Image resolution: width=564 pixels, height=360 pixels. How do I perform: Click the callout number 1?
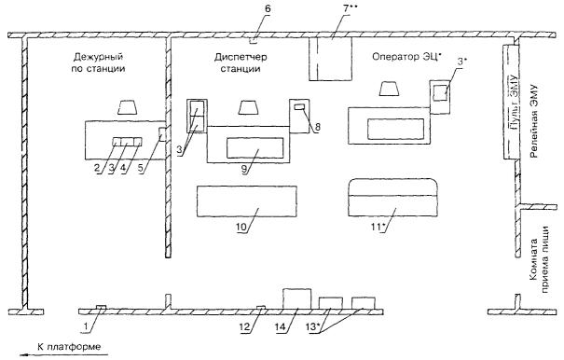[x=86, y=326]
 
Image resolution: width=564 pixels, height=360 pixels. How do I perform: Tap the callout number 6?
[x=268, y=8]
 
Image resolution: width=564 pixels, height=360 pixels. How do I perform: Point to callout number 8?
[x=317, y=127]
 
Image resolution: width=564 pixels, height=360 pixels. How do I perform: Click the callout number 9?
[x=244, y=170]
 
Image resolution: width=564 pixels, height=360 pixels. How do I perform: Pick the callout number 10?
[x=241, y=228]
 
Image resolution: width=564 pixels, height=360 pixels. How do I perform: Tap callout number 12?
[x=246, y=326]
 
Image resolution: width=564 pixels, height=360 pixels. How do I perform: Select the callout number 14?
[x=281, y=326]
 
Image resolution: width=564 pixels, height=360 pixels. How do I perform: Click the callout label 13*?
[x=312, y=326]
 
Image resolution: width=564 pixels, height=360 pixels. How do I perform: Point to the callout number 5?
[x=144, y=169]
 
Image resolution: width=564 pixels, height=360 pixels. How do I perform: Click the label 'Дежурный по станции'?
[x=98, y=62]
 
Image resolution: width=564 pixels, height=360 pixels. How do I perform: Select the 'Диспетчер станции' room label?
[x=241, y=62]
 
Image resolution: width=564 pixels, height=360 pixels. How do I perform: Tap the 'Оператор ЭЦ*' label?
[x=406, y=57]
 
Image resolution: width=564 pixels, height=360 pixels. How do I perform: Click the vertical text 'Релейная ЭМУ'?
[x=534, y=121]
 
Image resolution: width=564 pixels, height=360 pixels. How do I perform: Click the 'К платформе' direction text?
[x=69, y=347]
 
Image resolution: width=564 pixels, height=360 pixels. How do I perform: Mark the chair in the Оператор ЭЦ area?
[x=389, y=89]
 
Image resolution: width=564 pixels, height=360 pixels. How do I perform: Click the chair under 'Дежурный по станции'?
[x=128, y=107]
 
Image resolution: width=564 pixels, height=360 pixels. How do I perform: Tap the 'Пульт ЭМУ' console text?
[x=514, y=102]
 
